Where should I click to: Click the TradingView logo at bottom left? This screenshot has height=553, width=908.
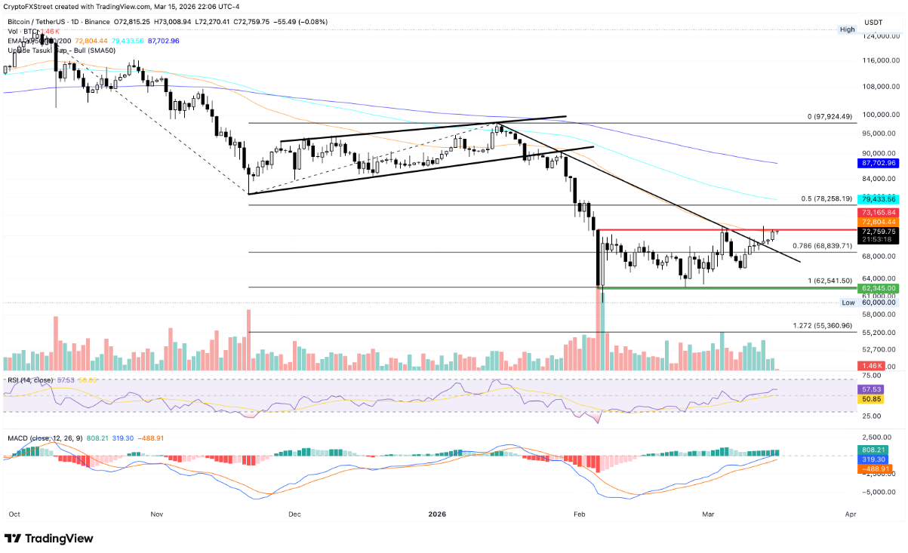[x=49, y=538]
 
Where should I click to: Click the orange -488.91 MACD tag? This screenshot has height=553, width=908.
[x=873, y=469]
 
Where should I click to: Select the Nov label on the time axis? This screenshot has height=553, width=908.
[x=156, y=514]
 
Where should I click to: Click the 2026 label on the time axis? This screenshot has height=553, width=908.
[x=438, y=514]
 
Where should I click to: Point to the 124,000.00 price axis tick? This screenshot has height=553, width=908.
[x=878, y=36]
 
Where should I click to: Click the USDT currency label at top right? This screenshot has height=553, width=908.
[x=873, y=22]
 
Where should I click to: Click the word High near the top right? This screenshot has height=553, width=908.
[x=848, y=29]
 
